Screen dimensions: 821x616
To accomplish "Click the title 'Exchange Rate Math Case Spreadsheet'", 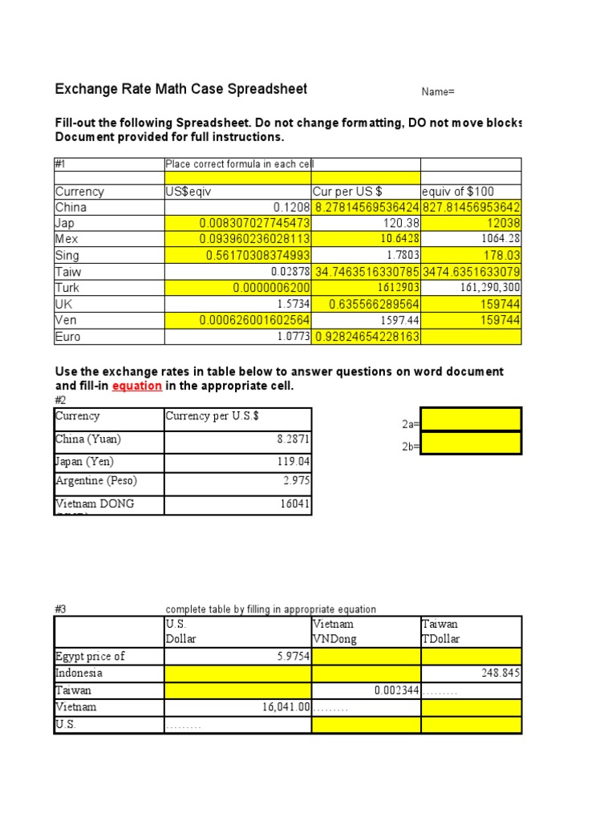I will click(180, 89).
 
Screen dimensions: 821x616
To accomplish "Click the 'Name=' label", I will click(438, 92).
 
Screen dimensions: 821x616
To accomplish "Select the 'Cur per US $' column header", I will click(346, 192).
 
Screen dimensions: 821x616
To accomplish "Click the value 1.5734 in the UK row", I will click(291, 305).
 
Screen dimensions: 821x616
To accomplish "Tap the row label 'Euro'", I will click(68, 337).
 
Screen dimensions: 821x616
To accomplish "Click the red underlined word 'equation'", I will click(136, 386).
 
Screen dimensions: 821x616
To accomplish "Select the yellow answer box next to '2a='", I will click(471, 419).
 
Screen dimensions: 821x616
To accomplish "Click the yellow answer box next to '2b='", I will click(471, 443).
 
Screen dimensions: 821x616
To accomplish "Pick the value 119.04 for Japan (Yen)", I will click(293, 462).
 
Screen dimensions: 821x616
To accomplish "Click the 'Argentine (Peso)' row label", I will click(96, 481).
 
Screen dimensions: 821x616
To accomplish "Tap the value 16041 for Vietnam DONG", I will click(294, 504).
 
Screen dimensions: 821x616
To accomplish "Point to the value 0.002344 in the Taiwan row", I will click(396, 690).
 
